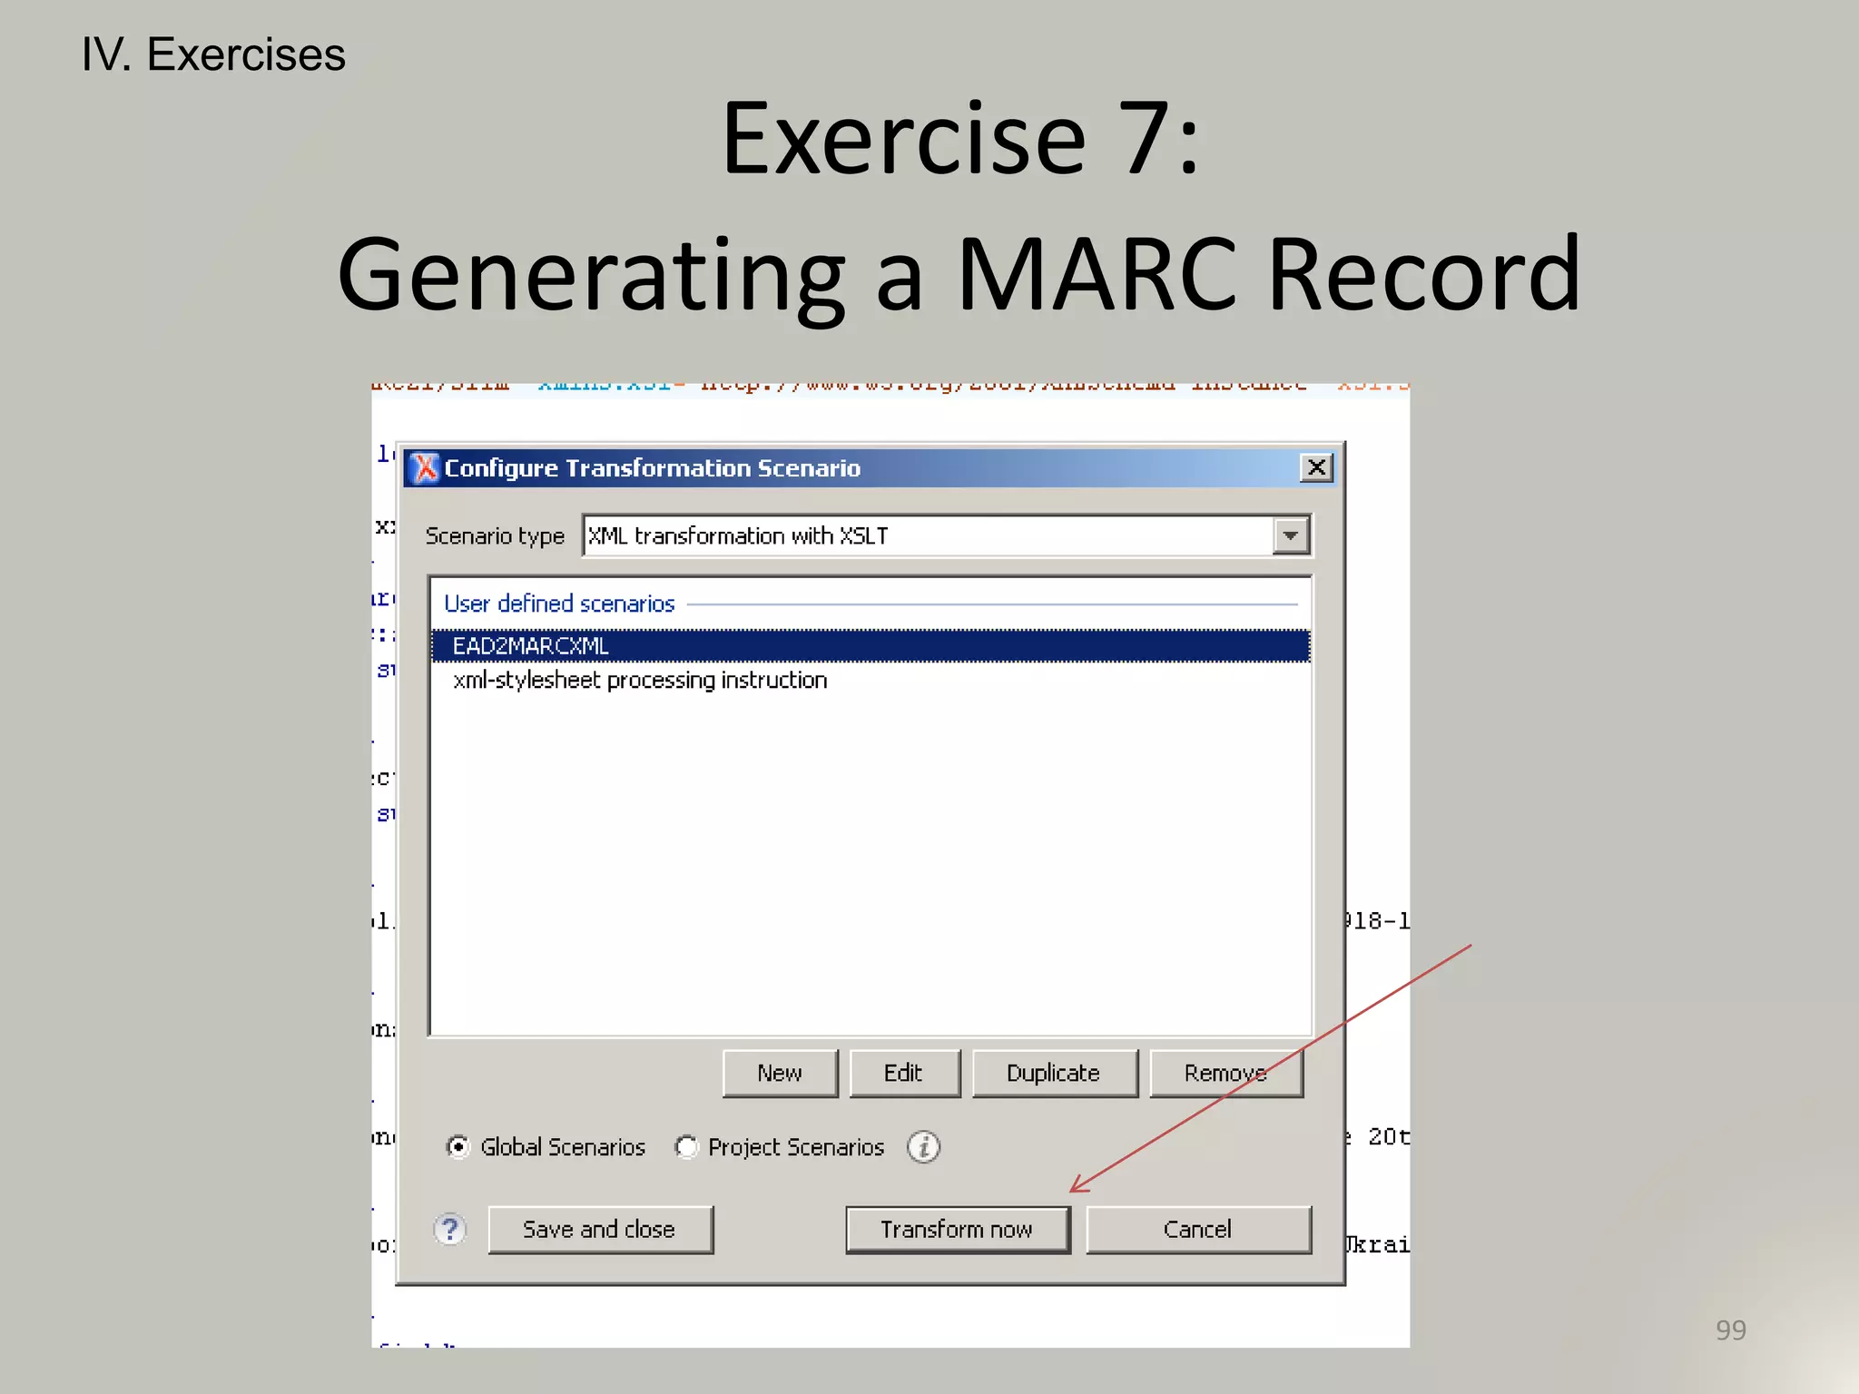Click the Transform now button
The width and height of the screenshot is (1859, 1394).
coord(958,1230)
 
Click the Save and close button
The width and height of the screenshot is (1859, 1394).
coord(600,1230)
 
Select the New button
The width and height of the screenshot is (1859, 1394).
coord(780,1074)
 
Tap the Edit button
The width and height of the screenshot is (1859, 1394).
coord(903,1074)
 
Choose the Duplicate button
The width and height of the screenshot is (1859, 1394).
coord(1054,1074)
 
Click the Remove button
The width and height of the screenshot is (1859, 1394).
coord(1225,1074)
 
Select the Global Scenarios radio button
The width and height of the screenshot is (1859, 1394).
coord(459,1147)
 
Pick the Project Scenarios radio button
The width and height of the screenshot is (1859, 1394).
coord(687,1147)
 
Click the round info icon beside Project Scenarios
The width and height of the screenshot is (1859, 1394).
coord(924,1147)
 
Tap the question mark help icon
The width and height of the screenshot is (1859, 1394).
coord(450,1230)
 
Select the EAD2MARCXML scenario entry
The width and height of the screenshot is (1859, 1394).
coord(531,646)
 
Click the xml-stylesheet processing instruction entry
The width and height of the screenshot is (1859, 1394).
coord(640,681)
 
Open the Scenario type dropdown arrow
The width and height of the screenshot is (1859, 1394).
coord(1291,535)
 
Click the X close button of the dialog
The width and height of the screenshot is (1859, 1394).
coord(1316,467)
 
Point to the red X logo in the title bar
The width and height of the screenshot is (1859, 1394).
coord(424,467)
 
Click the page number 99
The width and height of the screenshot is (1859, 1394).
coord(1730,1330)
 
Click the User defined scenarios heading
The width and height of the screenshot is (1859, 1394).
coord(559,604)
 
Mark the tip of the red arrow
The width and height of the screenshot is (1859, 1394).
coord(1072,1191)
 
